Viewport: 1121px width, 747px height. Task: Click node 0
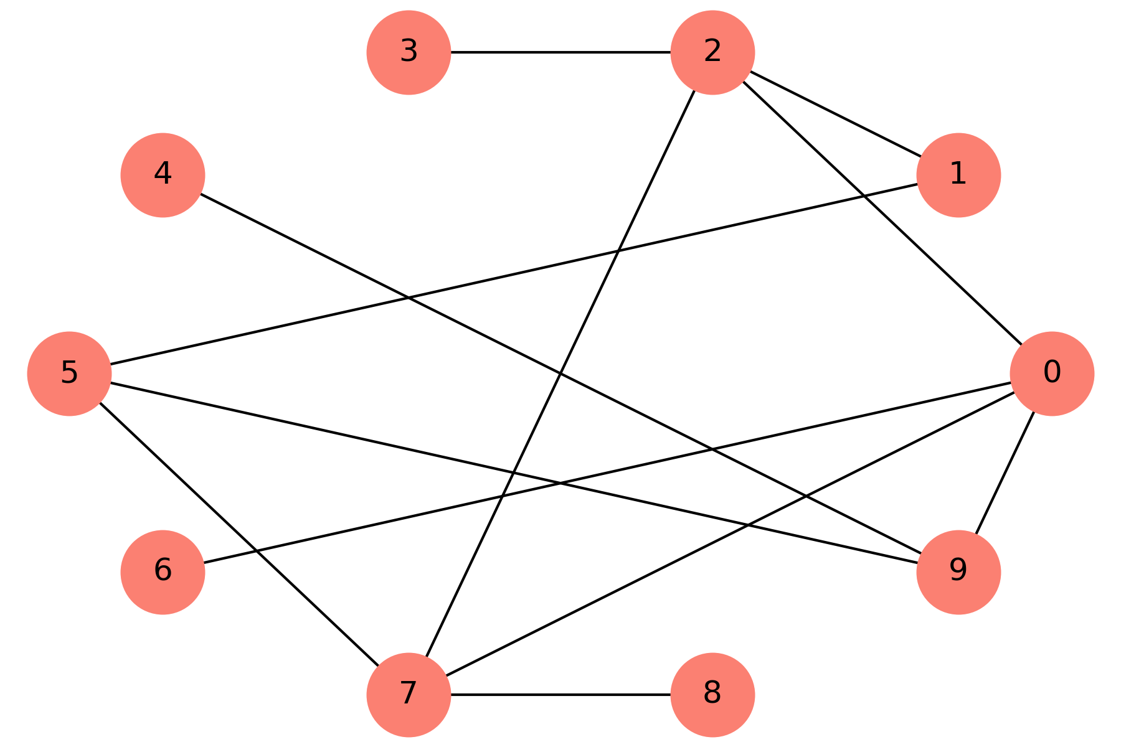(1051, 374)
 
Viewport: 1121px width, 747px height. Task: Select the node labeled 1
(958, 176)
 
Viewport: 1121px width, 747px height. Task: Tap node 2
(712, 53)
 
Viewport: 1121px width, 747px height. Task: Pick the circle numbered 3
(409, 53)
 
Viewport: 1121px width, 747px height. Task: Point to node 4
(163, 176)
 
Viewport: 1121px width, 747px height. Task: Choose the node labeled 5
(69, 374)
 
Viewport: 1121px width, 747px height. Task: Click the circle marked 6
(163, 571)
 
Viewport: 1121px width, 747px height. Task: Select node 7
(409, 694)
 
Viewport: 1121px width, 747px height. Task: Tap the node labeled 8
(712, 694)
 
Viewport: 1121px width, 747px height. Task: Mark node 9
(958, 571)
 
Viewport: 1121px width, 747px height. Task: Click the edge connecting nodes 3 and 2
(560, 53)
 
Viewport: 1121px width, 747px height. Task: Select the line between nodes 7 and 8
(560, 694)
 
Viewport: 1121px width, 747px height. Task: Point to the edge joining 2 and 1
(835, 114)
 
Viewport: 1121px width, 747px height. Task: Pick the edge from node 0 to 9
(1005, 472)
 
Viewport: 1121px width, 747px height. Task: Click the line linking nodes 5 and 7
(239, 533)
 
